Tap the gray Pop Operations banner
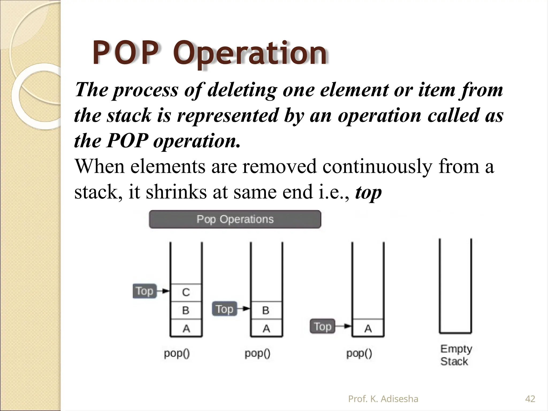(235, 219)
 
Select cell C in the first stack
(186, 292)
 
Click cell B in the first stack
(186, 310)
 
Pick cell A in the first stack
(186, 328)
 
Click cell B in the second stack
(266, 310)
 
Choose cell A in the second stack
(266, 328)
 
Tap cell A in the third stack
(368, 328)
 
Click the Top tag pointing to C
(144, 291)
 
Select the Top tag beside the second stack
(224, 309)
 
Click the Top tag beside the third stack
(322, 326)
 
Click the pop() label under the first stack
(177, 354)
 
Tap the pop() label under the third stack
(359, 354)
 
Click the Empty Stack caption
(456, 355)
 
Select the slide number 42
(530, 399)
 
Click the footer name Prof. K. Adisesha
(383, 399)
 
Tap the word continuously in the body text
(377, 166)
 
